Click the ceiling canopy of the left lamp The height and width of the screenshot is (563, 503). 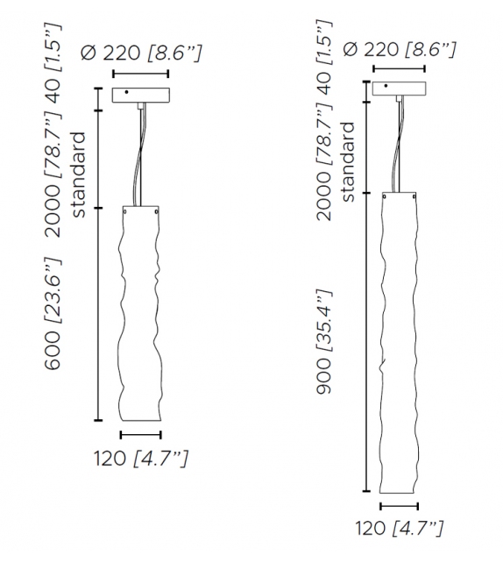[139, 96]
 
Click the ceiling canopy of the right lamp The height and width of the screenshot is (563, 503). [400, 89]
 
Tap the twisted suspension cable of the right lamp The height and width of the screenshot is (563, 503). [400, 145]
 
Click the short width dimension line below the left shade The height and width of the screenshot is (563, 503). [140, 434]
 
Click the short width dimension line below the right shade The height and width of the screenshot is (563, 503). [399, 505]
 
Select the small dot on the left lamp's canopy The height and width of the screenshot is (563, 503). [125, 91]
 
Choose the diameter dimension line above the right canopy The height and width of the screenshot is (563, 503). [400, 68]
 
